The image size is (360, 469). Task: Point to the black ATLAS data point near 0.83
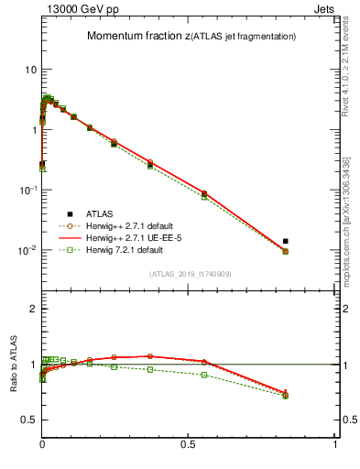click(x=286, y=241)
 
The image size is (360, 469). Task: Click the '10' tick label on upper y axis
click(x=30, y=70)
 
